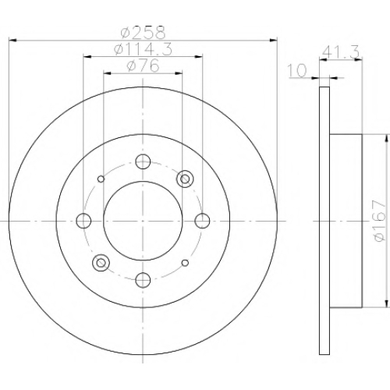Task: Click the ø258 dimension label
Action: click(x=143, y=33)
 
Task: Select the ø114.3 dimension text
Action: click(x=143, y=49)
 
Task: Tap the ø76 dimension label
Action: click(x=143, y=66)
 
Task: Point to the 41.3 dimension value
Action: click(x=341, y=52)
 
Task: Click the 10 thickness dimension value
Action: click(x=297, y=70)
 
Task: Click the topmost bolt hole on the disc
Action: click(x=143, y=161)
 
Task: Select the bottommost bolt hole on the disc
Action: click(x=143, y=280)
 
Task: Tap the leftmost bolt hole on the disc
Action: click(x=83, y=221)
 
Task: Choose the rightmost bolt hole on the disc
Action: click(x=202, y=221)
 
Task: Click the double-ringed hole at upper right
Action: click(x=185, y=179)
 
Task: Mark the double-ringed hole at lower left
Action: click(x=101, y=263)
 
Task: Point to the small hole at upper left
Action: click(x=101, y=179)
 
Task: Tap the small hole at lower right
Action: click(x=185, y=263)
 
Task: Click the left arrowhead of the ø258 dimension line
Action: click(x=13, y=41)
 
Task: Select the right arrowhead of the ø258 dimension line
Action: click(x=273, y=41)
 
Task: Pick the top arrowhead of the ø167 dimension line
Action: click(x=385, y=138)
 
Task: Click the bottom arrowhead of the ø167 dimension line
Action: click(x=385, y=303)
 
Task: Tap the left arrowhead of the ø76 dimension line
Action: click(x=108, y=73)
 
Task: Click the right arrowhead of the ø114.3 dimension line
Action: click(x=198, y=57)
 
